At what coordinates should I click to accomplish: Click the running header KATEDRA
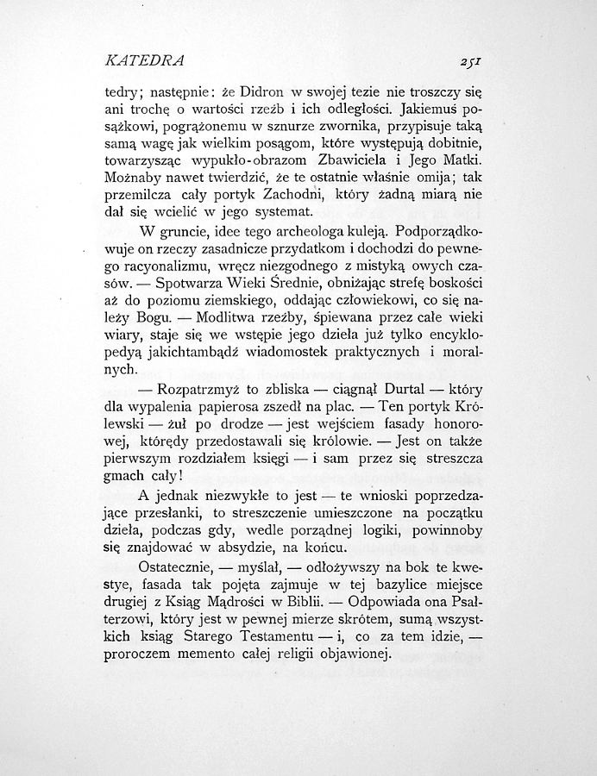(143, 61)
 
